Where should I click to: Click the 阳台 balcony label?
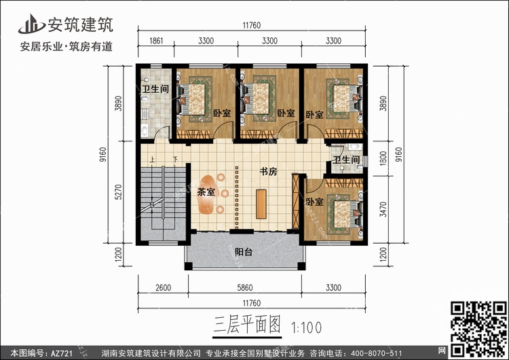pyautogui.click(x=244, y=252)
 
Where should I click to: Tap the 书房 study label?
pyautogui.click(x=269, y=171)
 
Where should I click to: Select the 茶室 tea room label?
pyautogui.click(x=206, y=192)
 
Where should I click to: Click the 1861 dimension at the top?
pyautogui.click(x=156, y=41)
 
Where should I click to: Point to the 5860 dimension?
pyautogui.click(x=245, y=287)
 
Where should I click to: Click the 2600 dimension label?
pyautogui.click(x=163, y=287)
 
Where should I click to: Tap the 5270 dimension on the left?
pyautogui.click(x=119, y=192)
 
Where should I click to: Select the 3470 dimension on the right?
pyautogui.click(x=383, y=210)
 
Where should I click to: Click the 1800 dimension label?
pyautogui.click(x=383, y=158)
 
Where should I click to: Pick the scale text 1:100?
pyautogui.click(x=307, y=327)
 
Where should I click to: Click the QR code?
pyautogui.click(x=478, y=329)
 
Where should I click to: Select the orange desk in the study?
pyautogui.click(x=261, y=204)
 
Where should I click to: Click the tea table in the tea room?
pyautogui.click(x=206, y=194)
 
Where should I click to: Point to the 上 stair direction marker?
pyautogui.click(x=152, y=160)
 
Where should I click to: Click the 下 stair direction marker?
pyautogui.click(x=175, y=160)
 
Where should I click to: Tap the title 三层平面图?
pyautogui.click(x=247, y=325)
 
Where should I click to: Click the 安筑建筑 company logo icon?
pyautogui.click(x=31, y=24)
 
